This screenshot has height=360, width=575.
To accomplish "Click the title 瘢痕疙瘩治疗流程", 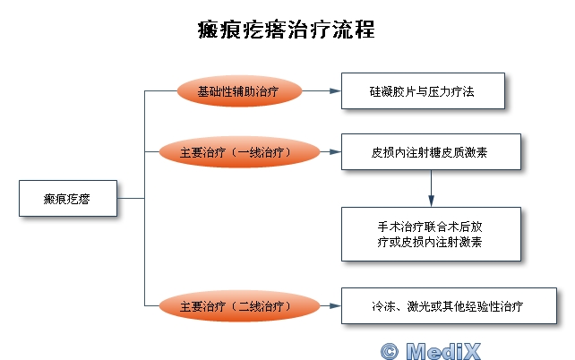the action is click(287, 30).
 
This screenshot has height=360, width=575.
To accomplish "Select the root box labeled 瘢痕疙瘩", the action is click(68, 198).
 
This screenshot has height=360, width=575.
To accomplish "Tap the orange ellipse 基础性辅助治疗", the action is click(239, 91).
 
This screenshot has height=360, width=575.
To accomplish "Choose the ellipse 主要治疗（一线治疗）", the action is click(239, 151).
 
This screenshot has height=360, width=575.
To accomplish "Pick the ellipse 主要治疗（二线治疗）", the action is click(239, 305).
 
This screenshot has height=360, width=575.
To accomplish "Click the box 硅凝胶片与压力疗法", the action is click(423, 91).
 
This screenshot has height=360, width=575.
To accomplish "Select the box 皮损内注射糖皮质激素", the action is click(432, 151).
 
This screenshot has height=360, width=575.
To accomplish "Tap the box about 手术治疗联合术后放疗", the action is click(432, 235).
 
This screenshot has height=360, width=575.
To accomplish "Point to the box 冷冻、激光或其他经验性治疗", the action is click(450, 305).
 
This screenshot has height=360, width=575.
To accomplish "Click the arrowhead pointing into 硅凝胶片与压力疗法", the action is click(336, 91).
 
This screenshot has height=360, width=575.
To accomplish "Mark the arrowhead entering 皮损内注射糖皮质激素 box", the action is click(336, 151).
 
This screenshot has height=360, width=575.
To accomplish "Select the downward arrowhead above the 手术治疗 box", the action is click(432, 201).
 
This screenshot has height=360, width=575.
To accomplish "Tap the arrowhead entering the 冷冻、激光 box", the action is click(336, 305).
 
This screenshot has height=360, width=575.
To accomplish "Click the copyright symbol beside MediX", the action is click(390, 351).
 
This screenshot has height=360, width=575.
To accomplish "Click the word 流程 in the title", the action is click(354, 30).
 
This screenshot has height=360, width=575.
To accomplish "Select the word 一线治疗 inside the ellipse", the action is click(262, 152).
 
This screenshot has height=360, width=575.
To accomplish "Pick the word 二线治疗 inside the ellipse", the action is click(262, 306).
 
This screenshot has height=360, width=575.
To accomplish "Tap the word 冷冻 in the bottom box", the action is click(383, 306).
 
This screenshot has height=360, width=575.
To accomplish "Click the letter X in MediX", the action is click(469, 351).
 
